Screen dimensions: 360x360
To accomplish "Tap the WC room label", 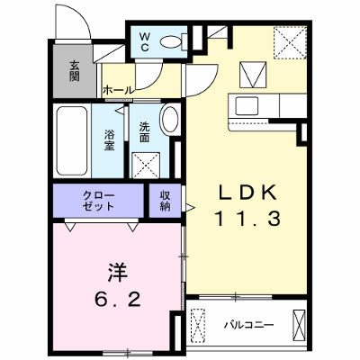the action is [x=145, y=41].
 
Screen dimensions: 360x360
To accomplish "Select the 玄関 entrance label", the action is [x=75, y=71].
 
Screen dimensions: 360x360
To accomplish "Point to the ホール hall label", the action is [x=118, y=90].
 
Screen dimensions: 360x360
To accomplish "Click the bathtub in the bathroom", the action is [x=72, y=140].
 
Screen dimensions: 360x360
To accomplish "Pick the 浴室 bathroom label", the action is [x=109, y=139].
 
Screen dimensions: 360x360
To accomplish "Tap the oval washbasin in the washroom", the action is [x=170, y=119].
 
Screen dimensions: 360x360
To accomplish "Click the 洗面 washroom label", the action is [x=144, y=132].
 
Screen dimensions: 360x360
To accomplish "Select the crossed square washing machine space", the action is [x=146, y=165].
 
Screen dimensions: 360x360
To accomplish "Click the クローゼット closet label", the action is [x=98, y=201].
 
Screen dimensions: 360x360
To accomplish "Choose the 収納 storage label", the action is [x=165, y=201].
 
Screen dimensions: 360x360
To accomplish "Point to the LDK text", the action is [x=247, y=193].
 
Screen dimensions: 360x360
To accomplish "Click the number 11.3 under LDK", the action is [x=247, y=219].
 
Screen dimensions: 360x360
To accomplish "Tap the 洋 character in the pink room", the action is [x=117, y=273].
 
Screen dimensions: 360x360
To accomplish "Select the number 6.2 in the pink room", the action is [x=118, y=299].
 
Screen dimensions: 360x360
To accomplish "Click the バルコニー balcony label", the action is [x=249, y=325].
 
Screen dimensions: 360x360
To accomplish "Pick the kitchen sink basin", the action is [x=247, y=106].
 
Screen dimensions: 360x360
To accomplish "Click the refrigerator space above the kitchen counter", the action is [x=253, y=75].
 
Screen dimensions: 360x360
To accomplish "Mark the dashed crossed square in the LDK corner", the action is [x=290, y=42].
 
